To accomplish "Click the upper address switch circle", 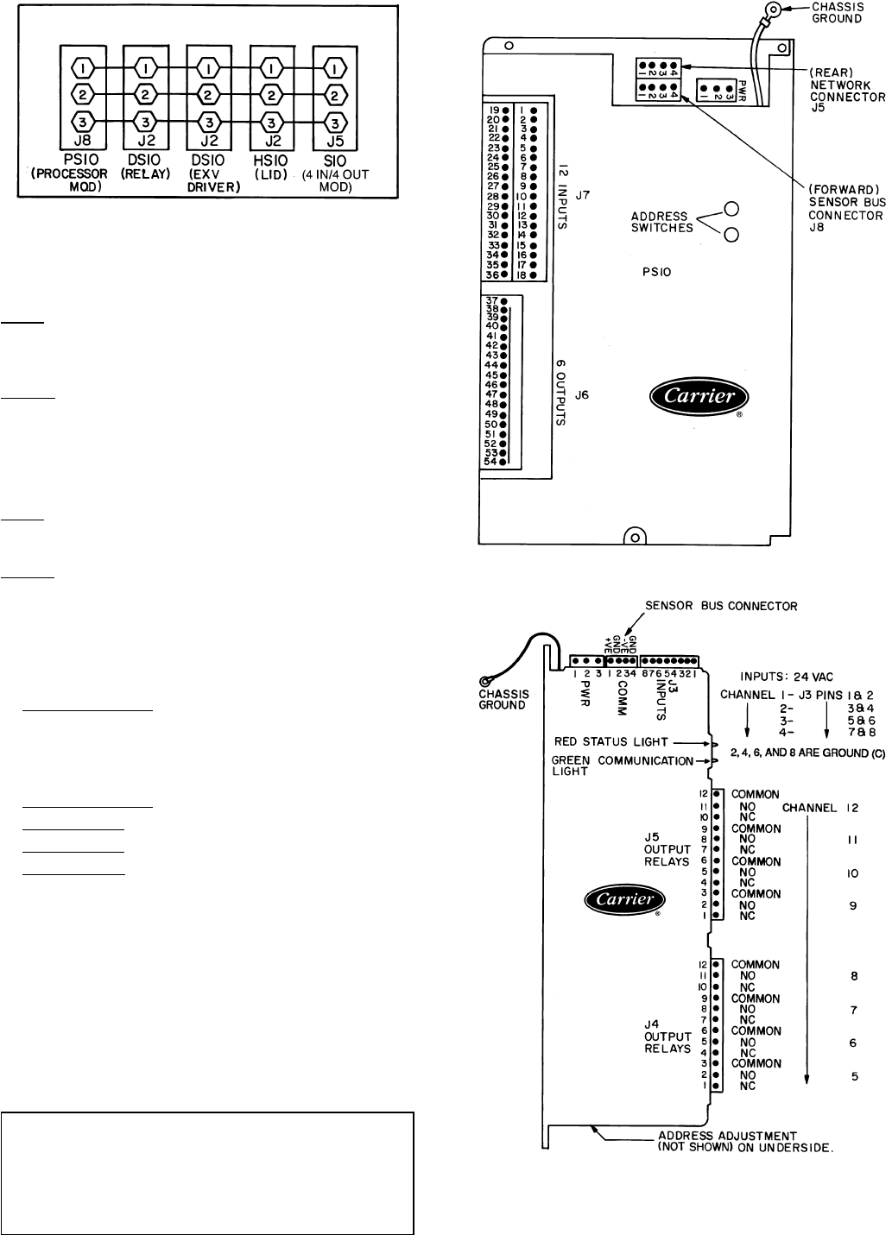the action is [731, 209].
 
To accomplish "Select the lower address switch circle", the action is [731, 235].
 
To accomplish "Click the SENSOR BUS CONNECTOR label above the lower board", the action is [722, 607].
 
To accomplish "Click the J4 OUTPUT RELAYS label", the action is [668, 1037].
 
